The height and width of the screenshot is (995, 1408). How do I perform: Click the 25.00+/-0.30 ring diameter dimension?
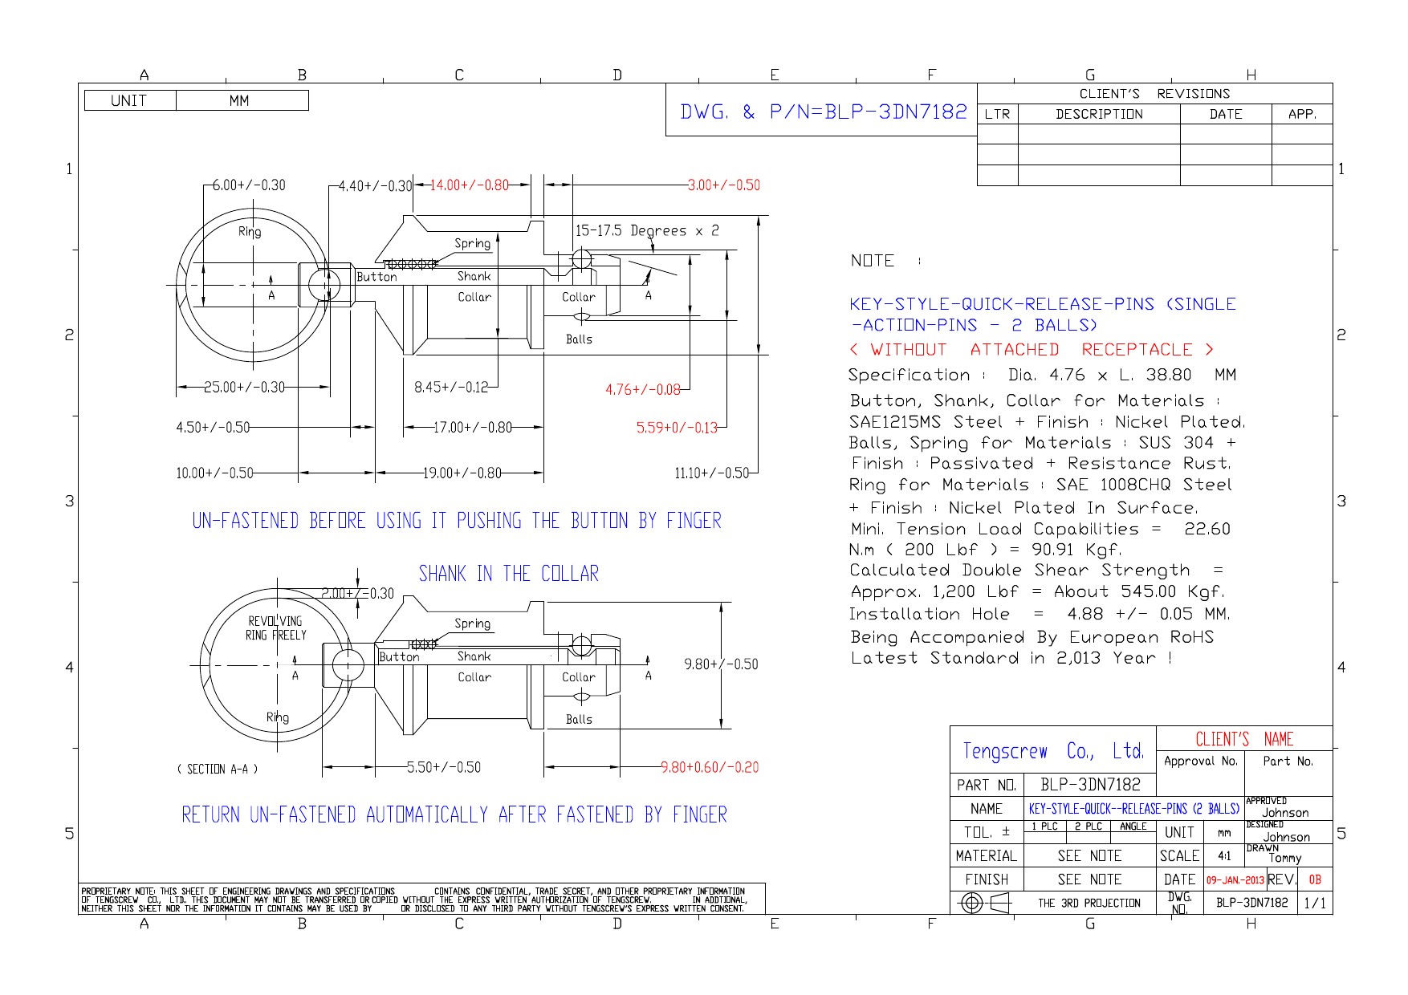pos(244,387)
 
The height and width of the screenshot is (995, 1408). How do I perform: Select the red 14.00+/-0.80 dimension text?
pos(470,185)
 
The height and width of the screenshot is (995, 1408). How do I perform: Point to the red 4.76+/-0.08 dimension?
pos(642,390)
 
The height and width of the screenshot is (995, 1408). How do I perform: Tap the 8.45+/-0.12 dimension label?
pos(451,387)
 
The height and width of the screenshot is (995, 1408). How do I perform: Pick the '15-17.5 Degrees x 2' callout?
pos(647,231)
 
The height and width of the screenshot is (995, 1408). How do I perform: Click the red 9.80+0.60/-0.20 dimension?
pos(710,767)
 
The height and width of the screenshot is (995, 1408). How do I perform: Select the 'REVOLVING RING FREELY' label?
pos(277,628)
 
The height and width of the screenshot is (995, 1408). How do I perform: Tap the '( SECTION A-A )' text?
pos(218,770)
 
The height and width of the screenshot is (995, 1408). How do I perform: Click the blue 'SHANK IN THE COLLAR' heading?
pos(509,574)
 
